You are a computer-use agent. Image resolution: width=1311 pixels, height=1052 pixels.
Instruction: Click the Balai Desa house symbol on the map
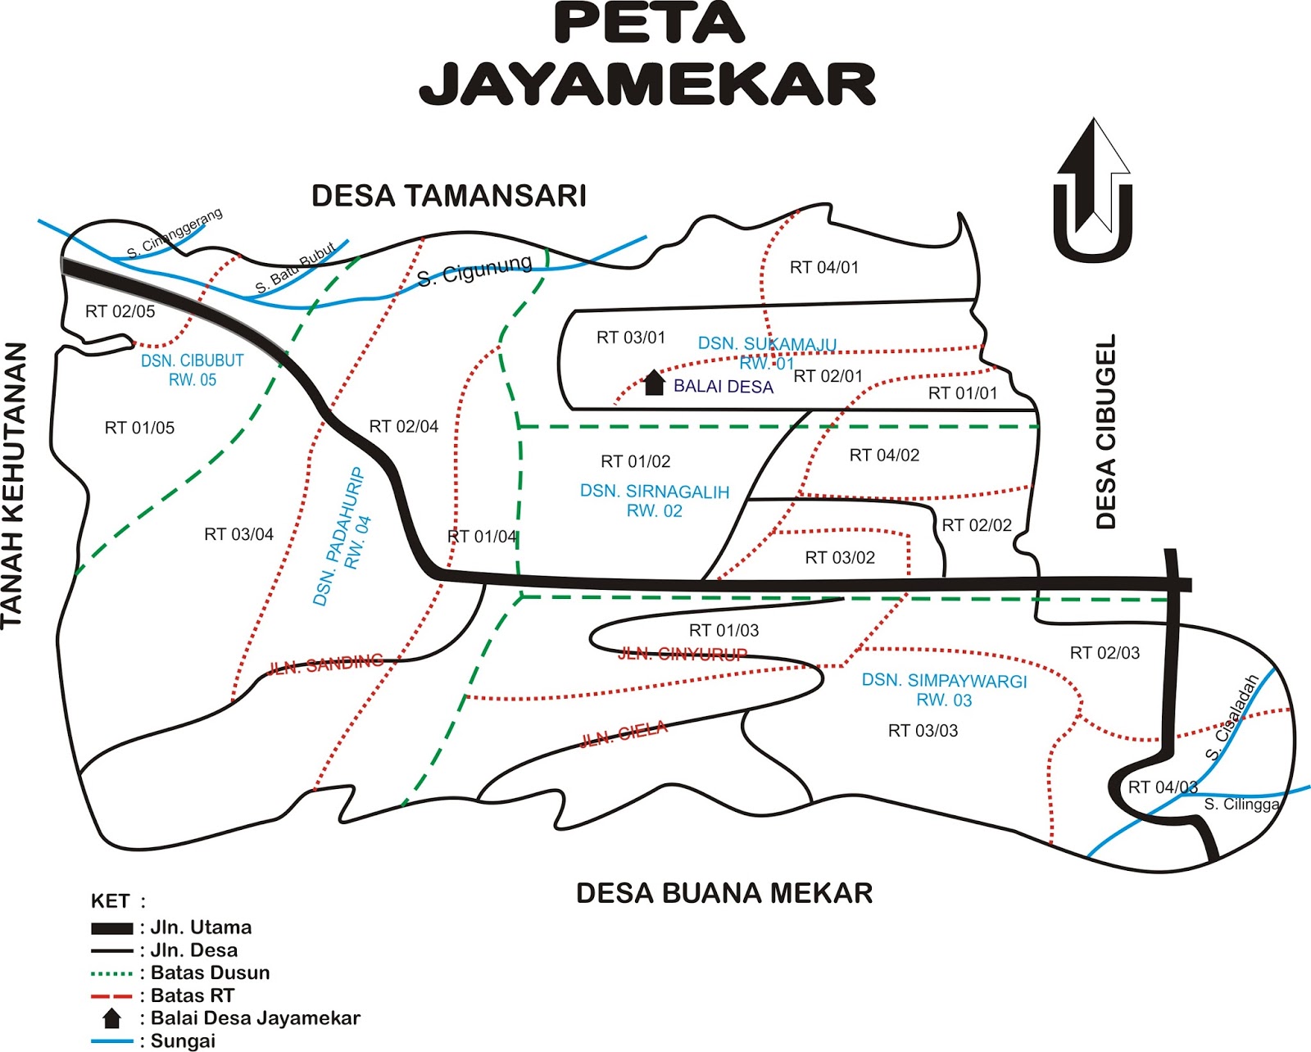tap(653, 383)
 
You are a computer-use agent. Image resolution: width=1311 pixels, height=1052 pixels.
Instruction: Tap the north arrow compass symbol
tap(1093, 191)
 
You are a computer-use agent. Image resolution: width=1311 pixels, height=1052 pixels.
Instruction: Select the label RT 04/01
tap(823, 267)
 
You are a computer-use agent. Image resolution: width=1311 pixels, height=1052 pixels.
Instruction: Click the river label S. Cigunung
tap(474, 271)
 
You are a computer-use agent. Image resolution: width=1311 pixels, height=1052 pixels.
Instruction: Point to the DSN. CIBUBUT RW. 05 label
tap(193, 370)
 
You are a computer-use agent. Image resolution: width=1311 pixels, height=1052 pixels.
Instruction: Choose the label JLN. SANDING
tap(325, 664)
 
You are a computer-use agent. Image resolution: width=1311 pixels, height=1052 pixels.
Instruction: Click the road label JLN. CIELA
tap(624, 734)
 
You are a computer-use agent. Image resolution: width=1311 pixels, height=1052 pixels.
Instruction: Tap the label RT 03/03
tap(923, 731)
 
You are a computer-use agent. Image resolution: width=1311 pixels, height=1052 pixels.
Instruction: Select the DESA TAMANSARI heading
tap(449, 197)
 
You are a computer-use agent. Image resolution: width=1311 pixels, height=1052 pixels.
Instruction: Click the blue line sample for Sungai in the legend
tap(112, 1041)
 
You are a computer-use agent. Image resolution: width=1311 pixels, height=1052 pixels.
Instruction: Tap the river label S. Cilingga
tap(1241, 805)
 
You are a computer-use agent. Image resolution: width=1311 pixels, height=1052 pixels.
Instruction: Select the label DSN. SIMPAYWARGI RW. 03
tap(944, 690)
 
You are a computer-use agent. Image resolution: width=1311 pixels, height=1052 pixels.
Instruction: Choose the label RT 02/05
tap(120, 311)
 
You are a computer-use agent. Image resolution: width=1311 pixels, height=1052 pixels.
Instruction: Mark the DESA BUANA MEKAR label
tap(724, 893)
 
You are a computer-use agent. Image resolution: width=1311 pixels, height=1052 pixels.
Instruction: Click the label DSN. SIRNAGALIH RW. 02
tap(654, 501)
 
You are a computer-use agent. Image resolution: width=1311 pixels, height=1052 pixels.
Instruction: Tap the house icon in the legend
tap(111, 1018)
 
